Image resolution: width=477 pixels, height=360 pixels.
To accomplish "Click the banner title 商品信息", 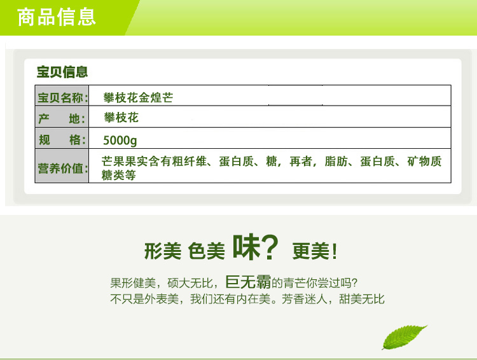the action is (57, 17).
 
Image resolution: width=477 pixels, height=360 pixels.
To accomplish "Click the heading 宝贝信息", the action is (62, 72).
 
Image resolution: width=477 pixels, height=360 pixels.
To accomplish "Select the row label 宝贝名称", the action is (60, 98).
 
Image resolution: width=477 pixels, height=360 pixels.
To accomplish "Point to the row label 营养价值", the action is (60, 168).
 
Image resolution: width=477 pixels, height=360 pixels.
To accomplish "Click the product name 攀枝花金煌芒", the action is (138, 98).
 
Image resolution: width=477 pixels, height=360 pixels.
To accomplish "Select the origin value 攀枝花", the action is (121, 118).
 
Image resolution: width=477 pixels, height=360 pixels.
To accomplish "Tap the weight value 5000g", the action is (120, 141).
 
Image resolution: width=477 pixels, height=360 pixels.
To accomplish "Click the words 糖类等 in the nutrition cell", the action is (119, 176).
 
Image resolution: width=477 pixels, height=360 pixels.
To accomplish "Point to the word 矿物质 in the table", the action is (424, 162).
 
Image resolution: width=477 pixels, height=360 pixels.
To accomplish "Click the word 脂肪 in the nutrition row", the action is (336, 162).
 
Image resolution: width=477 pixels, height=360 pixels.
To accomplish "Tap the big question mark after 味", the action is (270, 247).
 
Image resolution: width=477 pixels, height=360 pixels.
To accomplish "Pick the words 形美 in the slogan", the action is (163, 251).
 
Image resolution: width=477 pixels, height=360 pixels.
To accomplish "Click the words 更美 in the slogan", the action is (311, 251).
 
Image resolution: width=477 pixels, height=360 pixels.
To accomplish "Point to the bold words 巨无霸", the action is (248, 282).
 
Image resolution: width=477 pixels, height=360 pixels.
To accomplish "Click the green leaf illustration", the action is (404, 337).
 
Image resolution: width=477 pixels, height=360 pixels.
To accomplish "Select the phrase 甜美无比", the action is (362, 299).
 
